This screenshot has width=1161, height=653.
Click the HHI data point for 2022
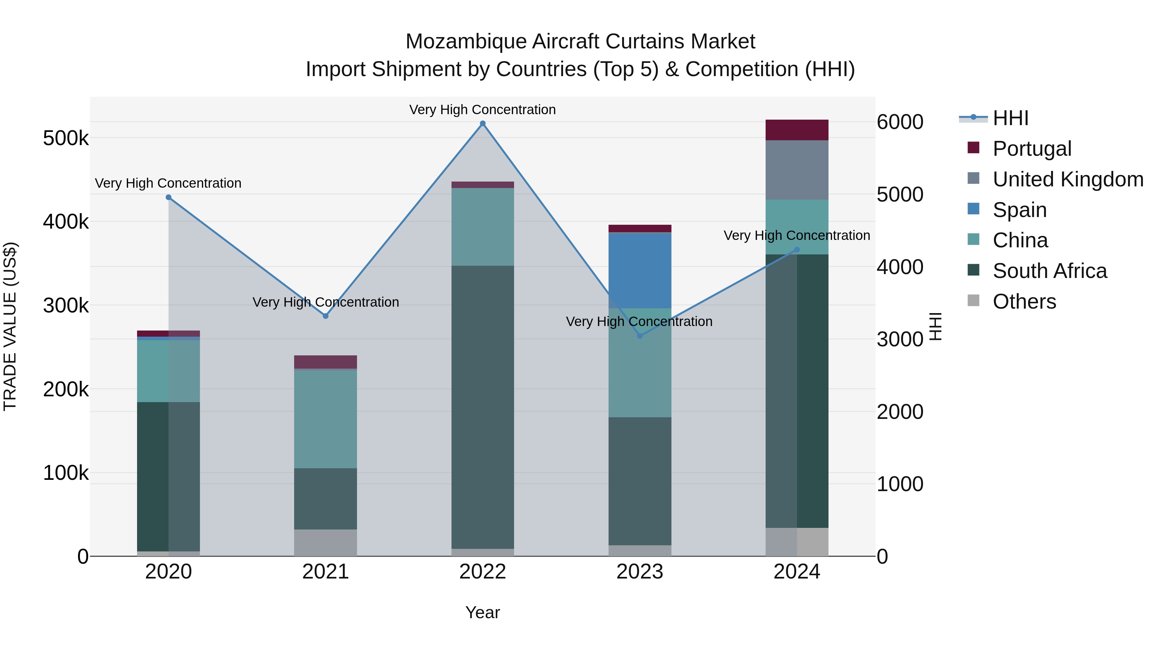pyautogui.click(x=483, y=124)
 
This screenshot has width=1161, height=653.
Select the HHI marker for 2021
pyautogui.click(x=325, y=316)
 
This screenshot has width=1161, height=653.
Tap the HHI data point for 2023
pyautogui.click(x=640, y=336)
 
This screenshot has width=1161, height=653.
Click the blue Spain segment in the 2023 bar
pyautogui.click(x=640, y=271)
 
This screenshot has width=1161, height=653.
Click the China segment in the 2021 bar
pyautogui.click(x=325, y=419)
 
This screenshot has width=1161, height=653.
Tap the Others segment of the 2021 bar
pyautogui.click(x=325, y=543)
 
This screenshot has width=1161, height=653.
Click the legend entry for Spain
pyautogui.click(x=1019, y=210)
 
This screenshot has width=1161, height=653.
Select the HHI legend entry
pyautogui.click(x=1010, y=118)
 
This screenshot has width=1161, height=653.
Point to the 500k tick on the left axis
pyautogui.click(x=66, y=138)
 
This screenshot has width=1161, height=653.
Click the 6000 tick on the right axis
pyautogui.click(x=899, y=122)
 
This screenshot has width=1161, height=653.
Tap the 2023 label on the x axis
pyautogui.click(x=640, y=572)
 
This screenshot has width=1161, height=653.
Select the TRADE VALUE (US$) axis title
pyautogui.click(x=10, y=326)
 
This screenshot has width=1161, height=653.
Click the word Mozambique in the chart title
pyautogui.click(x=466, y=42)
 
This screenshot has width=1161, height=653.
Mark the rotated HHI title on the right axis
pyautogui.click(x=935, y=326)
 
